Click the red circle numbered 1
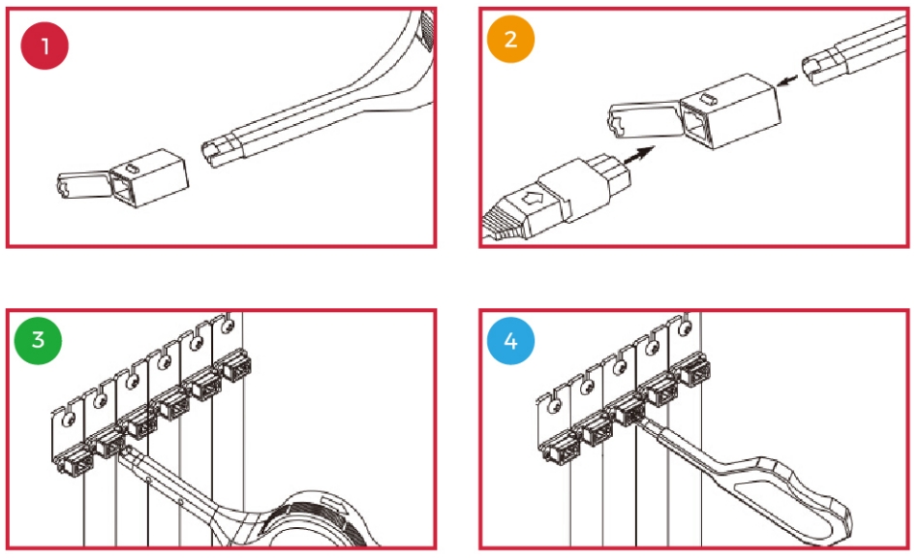click(x=45, y=46)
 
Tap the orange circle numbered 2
click(x=510, y=39)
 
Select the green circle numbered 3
click(x=38, y=340)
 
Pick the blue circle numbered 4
click(x=510, y=340)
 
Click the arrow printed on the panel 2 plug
click(x=533, y=199)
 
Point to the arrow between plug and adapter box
click(x=639, y=155)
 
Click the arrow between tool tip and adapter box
click(x=788, y=79)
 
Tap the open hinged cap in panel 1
click(x=84, y=184)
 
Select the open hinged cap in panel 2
click(x=645, y=120)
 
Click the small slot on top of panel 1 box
click(x=134, y=169)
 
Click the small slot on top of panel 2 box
click(x=709, y=98)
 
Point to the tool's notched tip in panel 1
click(x=218, y=153)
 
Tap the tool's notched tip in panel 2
click(x=819, y=68)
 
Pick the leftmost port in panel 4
click(x=562, y=449)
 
